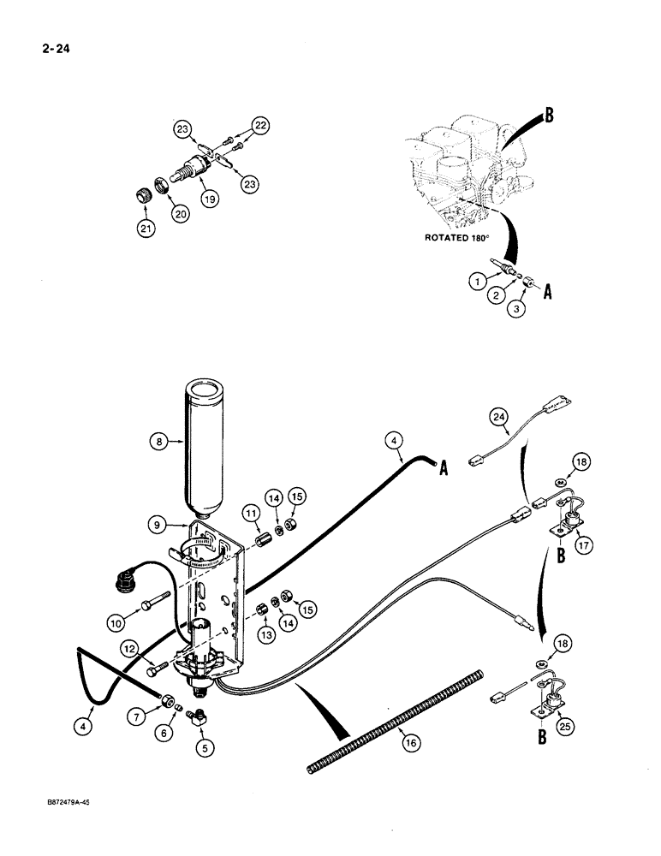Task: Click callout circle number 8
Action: (x=158, y=443)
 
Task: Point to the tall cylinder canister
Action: (x=210, y=445)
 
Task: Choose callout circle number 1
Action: (x=475, y=280)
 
